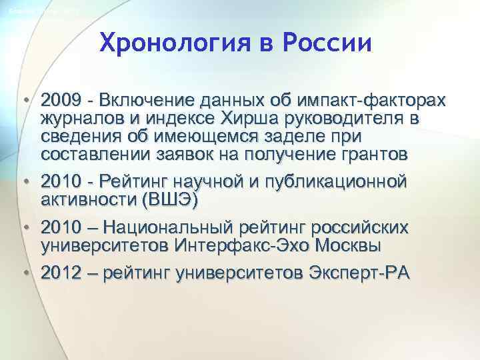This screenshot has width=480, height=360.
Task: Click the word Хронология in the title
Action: click(166, 44)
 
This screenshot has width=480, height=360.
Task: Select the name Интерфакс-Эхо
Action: click(250, 245)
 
